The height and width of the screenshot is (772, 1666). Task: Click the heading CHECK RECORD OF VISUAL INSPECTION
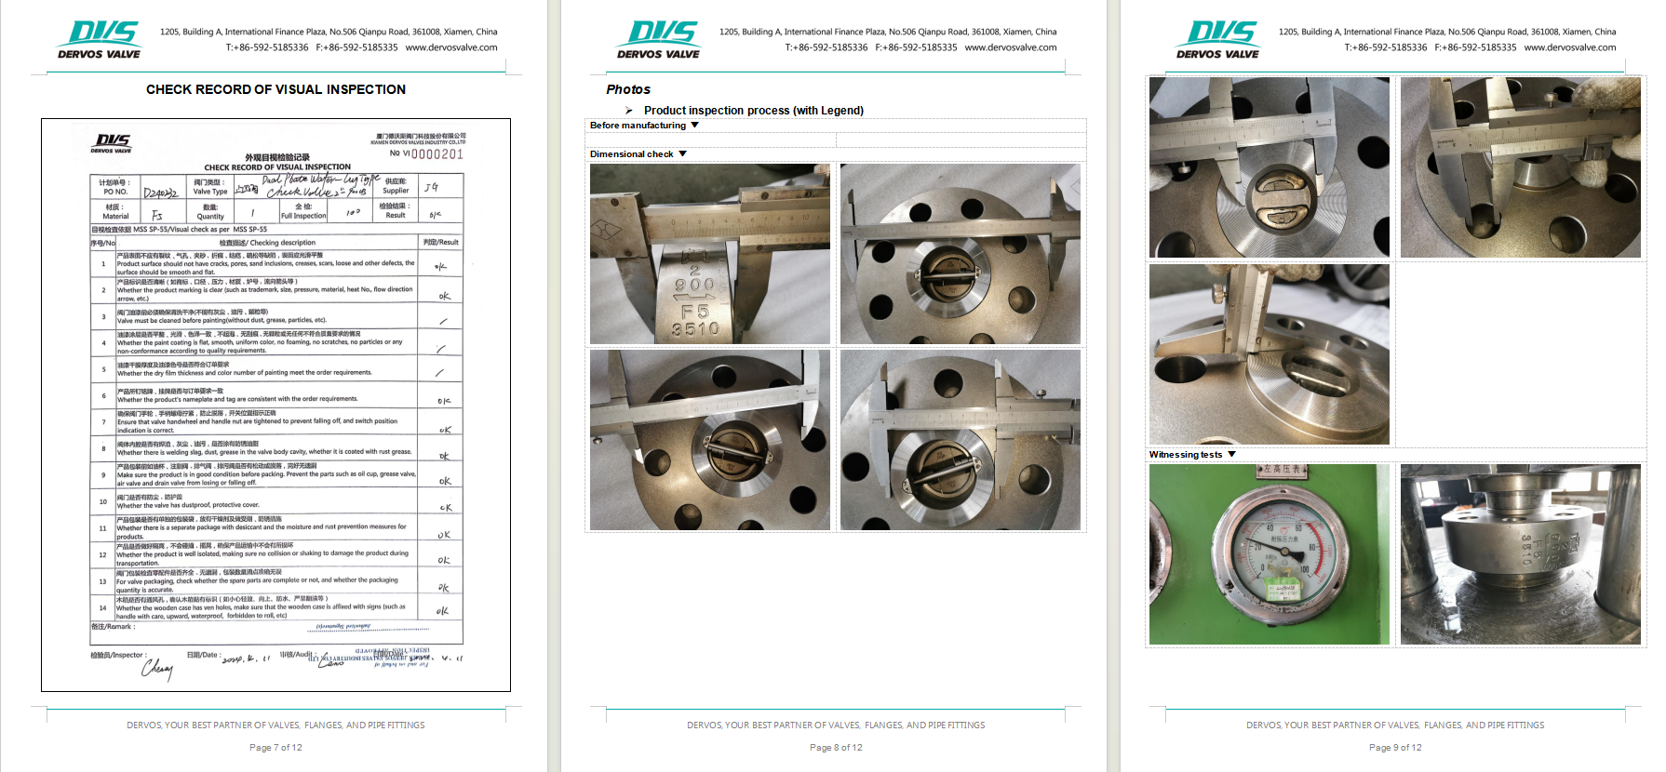tap(275, 89)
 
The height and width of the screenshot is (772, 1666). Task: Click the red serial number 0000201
tap(437, 154)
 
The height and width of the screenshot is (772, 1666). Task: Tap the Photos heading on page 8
tap(628, 89)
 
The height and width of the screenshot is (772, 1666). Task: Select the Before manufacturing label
tap(638, 126)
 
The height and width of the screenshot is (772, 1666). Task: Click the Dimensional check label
tap(631, 154)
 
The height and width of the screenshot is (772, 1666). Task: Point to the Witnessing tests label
tap(1185, 455)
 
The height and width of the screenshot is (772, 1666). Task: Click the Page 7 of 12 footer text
tap(275, 748)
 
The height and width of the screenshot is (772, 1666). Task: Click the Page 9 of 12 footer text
tap(1395, 748)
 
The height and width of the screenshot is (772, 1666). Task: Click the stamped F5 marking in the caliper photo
tap(694, 312)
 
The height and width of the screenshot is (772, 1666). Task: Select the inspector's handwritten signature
tap(157, 668)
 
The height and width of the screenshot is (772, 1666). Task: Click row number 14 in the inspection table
tap(102, 608)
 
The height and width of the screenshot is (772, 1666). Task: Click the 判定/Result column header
tap(440, 242)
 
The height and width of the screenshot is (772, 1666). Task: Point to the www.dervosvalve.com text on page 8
tap(1010, 47)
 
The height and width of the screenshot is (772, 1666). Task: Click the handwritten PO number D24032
tap(160, 193)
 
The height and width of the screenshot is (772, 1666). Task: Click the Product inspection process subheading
tap(753, 111)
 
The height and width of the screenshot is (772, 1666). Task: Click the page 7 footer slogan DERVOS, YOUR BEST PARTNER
tap(275, 725)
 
